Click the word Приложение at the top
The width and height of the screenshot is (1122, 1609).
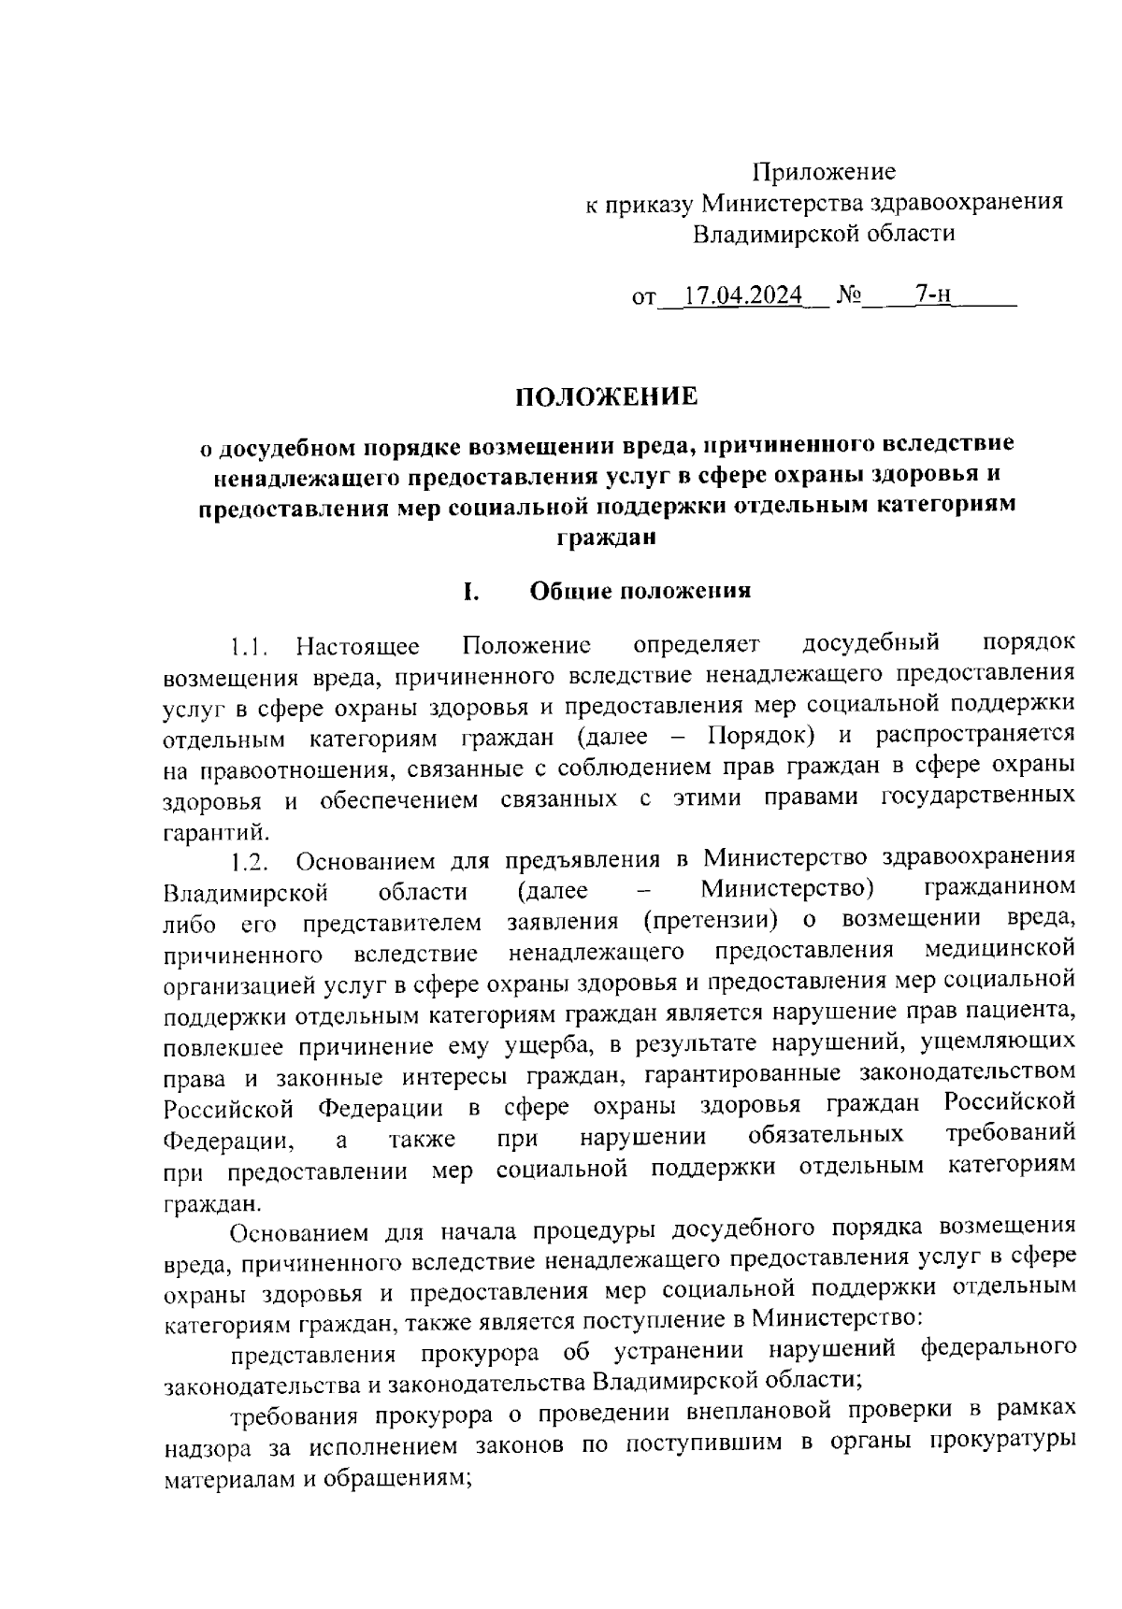click(825, 172)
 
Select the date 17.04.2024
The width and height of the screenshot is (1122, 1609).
click(743, 295)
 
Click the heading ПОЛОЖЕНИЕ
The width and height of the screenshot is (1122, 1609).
click(607, 396)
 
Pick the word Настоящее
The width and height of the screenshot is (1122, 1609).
click(357, 646)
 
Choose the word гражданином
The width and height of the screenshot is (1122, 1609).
click(999, 885)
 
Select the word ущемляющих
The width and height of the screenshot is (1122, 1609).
click(997, 1042)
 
